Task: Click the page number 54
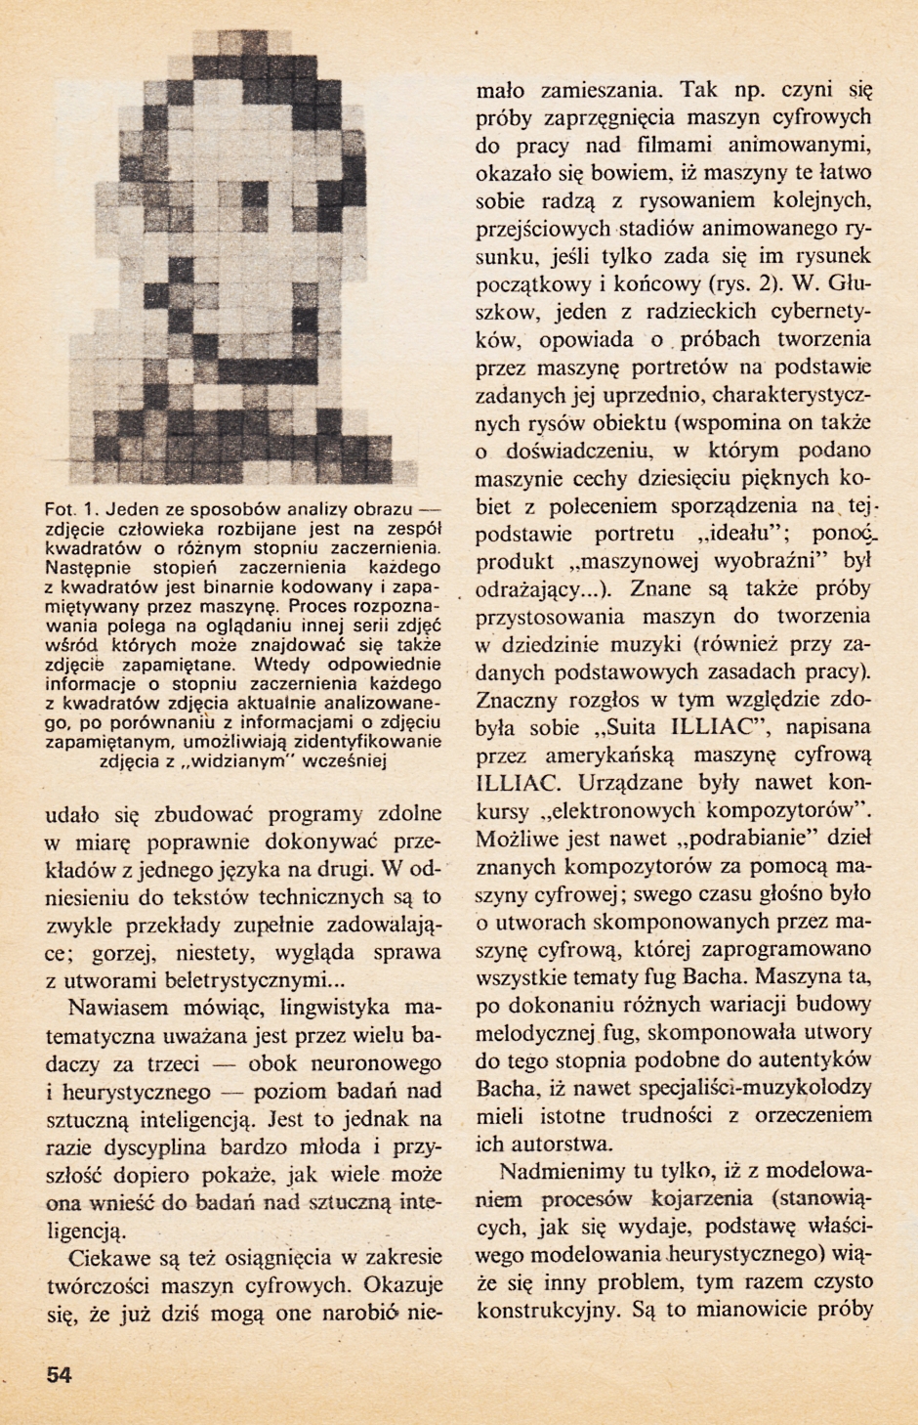click(59, 1375)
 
